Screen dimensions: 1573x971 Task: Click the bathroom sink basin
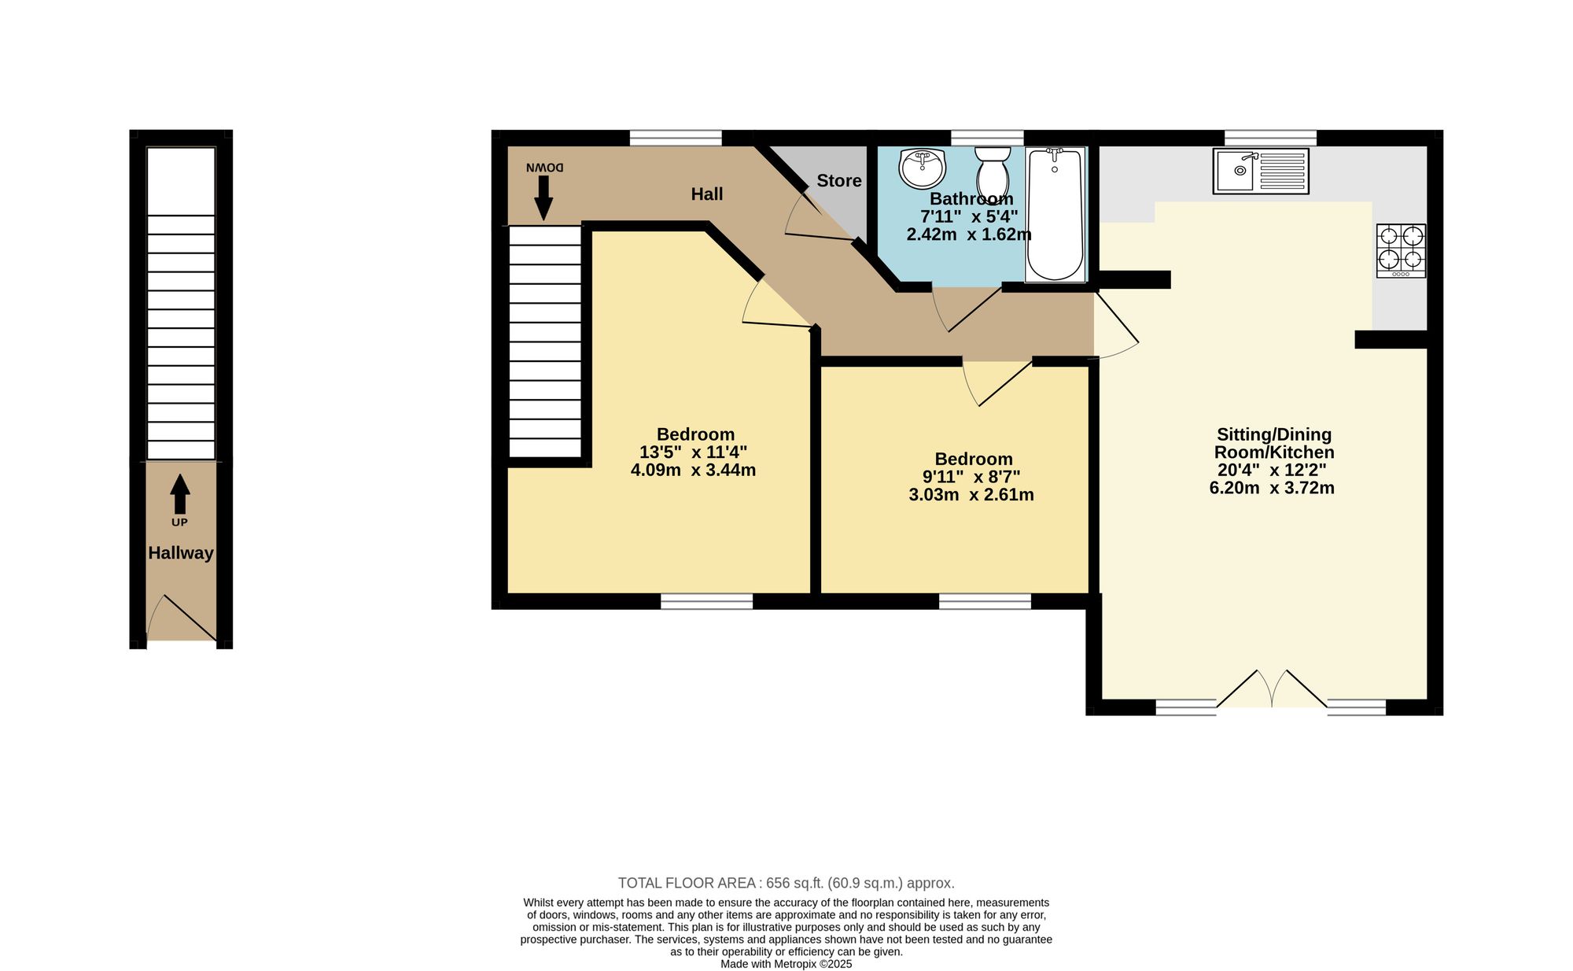click(922, 168)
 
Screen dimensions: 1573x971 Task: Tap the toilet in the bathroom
click(993, 172)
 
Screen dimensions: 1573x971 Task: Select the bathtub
click(1055, 214)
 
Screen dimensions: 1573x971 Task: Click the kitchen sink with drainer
click(1261, 171)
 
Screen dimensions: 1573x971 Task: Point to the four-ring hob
click(1401, 251)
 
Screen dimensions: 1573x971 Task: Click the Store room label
click(839, 181)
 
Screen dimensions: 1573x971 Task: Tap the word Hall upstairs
click(707, 194)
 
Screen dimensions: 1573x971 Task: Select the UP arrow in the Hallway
click(180, 494)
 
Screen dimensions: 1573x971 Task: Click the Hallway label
click(181, 553)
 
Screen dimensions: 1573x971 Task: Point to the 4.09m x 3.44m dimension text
click(694, 471)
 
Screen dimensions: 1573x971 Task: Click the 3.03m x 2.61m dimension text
click(971, 495)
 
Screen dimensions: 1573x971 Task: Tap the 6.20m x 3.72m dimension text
click(1272, 488)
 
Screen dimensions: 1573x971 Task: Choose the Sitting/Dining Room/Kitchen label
click(1274, 443)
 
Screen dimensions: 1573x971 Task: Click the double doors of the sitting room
click(1273, 689)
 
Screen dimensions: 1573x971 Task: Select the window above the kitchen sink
click(1271, 138)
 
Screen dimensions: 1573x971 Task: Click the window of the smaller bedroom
click(985, 602)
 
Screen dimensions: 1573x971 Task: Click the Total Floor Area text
click(786, 883)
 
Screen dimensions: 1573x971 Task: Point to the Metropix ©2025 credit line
click(786, 964)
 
